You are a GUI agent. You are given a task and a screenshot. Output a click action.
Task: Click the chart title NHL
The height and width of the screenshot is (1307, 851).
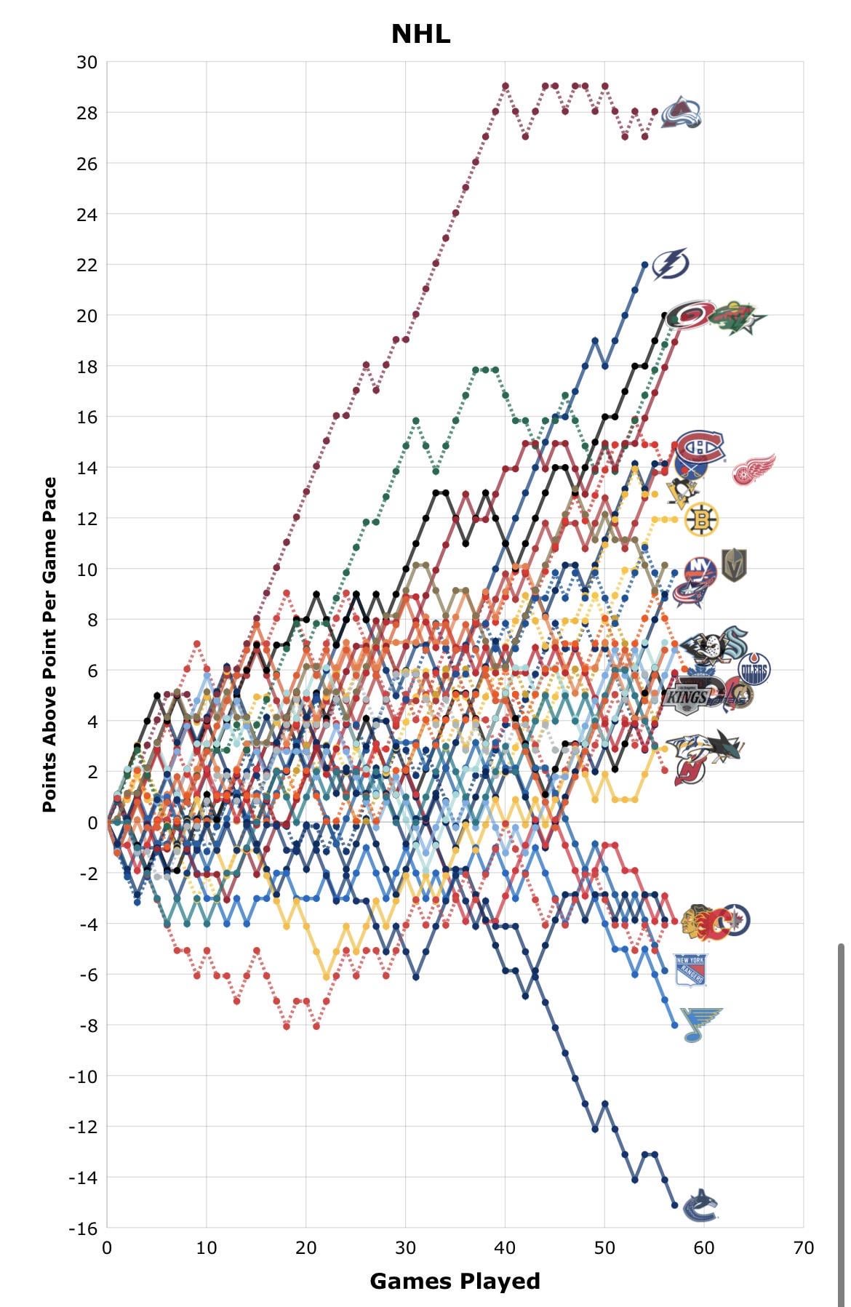420,33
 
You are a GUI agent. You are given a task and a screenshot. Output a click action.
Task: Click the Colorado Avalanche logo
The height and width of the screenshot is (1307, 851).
682,113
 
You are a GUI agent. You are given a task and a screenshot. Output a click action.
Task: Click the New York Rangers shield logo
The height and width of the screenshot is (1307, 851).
690,970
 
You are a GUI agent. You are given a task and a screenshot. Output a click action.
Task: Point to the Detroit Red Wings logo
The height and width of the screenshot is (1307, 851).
754,469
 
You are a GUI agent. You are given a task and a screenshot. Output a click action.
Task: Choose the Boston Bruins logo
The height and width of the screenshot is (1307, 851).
701,519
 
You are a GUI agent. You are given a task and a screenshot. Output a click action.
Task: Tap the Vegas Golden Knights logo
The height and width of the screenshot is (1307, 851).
734,565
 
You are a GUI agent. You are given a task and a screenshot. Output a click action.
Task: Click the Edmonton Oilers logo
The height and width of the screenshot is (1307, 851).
754,669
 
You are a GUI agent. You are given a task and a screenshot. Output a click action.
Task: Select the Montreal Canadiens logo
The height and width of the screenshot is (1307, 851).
700,447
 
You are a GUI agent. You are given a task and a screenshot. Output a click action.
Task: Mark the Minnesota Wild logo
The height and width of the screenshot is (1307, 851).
737,319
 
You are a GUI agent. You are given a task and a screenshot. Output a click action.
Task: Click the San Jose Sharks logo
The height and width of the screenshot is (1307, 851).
728,747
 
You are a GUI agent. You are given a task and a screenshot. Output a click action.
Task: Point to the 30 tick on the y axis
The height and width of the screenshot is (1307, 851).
87,62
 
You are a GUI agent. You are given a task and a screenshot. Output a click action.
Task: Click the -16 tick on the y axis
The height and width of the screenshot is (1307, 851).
83,1228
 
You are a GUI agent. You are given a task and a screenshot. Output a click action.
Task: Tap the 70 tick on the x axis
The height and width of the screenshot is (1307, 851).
803,1247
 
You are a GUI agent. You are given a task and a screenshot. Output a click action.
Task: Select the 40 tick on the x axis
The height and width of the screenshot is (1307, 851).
505,1247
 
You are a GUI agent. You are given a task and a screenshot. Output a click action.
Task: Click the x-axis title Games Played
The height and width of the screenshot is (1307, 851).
455,1281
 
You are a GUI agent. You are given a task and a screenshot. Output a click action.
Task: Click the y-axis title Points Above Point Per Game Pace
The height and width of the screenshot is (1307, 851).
49,644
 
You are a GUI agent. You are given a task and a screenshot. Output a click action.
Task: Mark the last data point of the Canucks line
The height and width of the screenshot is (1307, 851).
674,1205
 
